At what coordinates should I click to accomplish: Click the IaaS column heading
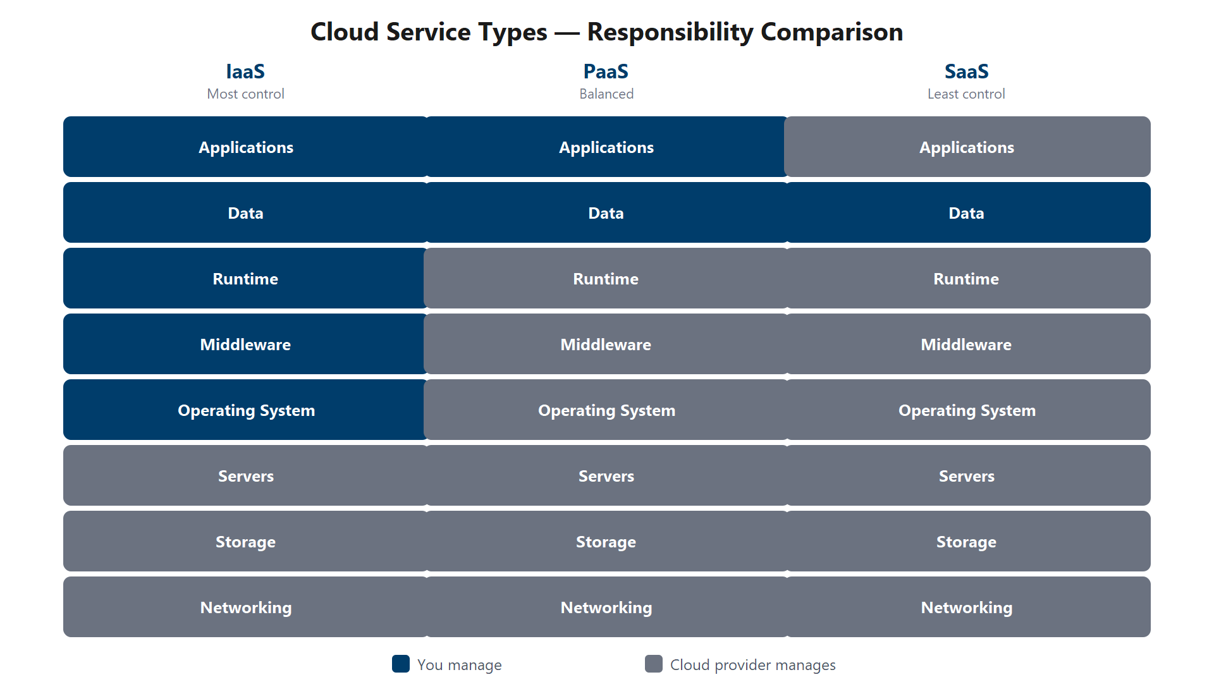[x=245, y=71]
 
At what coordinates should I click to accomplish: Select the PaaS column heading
[x=606, y=71]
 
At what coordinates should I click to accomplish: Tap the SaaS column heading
[x=966, y=71]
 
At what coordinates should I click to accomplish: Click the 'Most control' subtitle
[x=245, y=94]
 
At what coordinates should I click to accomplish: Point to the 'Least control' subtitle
[x=966, y=94]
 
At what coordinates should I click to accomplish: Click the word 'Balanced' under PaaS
[x=606, y=94]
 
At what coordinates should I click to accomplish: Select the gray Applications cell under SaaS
[x=966, y=147]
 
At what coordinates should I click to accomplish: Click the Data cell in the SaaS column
[x=966, y=213]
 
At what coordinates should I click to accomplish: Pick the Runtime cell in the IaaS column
[x=245, y=279]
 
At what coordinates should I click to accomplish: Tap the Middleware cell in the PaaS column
[x=606, y=344]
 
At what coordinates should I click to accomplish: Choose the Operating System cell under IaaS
[x=245, y=410]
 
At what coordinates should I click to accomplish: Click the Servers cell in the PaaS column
[x=606, y=476]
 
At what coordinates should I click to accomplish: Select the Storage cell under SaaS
[x=966, y=542]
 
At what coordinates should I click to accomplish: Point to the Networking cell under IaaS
[x=245, y=607]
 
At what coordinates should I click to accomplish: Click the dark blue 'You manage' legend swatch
[x=401, y=664]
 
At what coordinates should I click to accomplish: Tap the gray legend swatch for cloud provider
[x=654, y=664]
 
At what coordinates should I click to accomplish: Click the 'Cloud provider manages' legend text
[x=752, y=665]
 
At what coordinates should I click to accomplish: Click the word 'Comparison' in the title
[x=831, y=32]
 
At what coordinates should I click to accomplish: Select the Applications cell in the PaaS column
[x=606, y=147]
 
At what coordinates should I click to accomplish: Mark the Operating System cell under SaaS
[x=966, y=410]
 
